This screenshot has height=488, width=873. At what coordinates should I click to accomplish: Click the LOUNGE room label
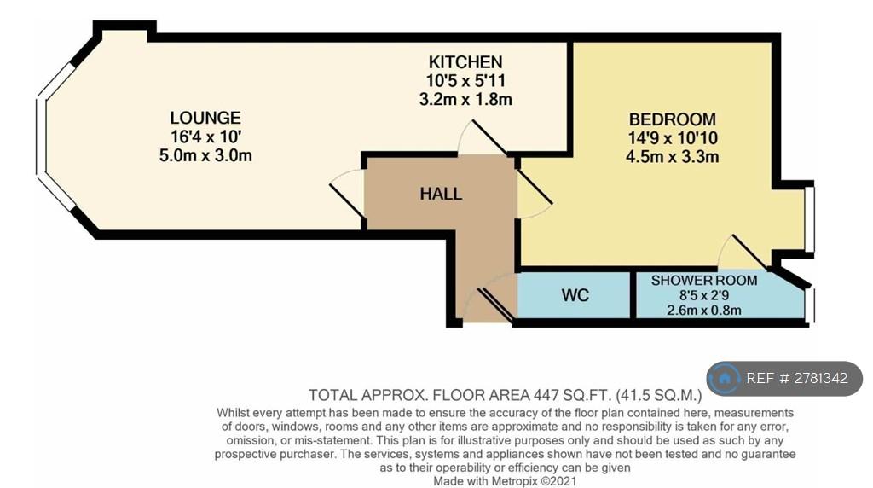[205, 118]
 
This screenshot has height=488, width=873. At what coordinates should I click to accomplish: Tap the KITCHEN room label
[465, 61]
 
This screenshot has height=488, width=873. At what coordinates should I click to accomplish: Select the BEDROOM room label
[672, 119]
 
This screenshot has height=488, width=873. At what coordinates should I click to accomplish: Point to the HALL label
[441, 194]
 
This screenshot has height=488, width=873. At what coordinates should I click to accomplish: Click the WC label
[575, 294]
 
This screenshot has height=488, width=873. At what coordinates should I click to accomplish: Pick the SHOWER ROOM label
[704, 280]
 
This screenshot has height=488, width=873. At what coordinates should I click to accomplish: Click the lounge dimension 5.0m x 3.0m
[205, 155]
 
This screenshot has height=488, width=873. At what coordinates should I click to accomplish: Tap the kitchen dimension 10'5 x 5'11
[465, 81]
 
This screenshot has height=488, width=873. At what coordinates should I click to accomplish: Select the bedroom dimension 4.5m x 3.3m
[672, 156]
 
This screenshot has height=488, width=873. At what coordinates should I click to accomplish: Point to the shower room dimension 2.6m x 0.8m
[704, 310]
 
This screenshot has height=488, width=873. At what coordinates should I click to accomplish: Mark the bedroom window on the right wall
[810, 218]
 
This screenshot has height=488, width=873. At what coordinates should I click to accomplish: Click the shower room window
[810, 305]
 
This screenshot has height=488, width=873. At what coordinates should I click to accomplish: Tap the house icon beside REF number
[725, 379]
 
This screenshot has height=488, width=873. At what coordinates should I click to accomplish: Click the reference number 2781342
[821, 378]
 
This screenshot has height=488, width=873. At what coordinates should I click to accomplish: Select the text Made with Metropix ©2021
[505, 481]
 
